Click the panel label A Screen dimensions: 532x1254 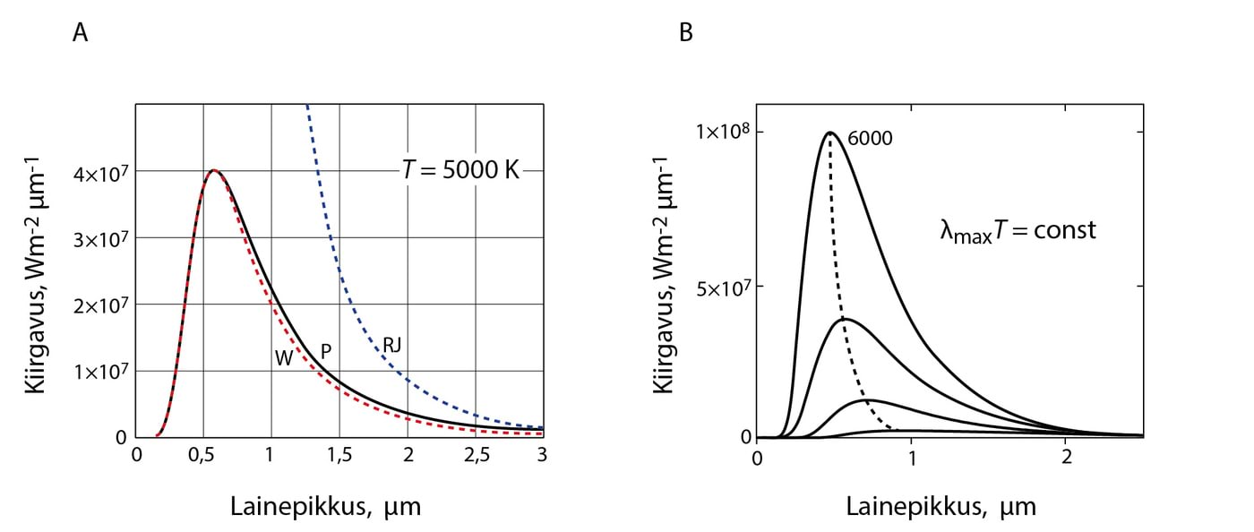pyautogui.click(x=81, y=33)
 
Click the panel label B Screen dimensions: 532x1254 pyautogui.click(x=686, y=33)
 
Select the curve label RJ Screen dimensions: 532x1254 pyautogui.click(x=391, y=344)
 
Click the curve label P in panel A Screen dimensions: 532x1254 pyautogui.click(x=326, y=351)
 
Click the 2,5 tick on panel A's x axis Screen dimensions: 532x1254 pyautogui.click(x=476, y=455)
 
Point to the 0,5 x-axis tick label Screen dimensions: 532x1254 pyautogui.click(x=203, y=455)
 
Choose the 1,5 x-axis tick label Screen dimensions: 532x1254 pyautogui.click(x=339, y=455)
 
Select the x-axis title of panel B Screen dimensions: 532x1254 pyautogui.click(x=940, y=507)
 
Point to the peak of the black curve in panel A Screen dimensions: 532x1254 pyautogui.click(x=214, y=170)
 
